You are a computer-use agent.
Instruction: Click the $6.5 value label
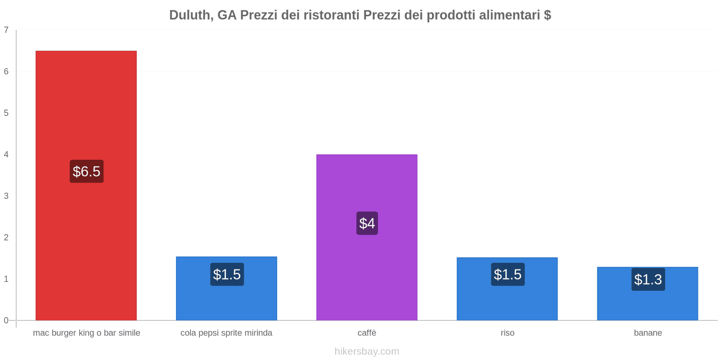tap(86, 171)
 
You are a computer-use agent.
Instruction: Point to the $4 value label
tap(367, 223)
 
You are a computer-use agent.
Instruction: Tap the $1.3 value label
tap(648, 279)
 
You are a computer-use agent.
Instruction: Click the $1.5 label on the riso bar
tap(508, 274)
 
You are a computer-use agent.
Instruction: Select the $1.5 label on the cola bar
tap(227, 274)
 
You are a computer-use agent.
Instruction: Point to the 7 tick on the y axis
tap(6, 30)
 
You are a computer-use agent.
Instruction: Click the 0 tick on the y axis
tap(6, 320)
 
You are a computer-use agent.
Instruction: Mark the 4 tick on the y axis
tap(6, 154)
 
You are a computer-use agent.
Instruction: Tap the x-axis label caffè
tap(367, 333)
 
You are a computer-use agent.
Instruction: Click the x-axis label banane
tap(648, 333)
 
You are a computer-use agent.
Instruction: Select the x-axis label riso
tap(507, 333)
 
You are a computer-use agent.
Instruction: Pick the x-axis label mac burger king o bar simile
tap(86, 333)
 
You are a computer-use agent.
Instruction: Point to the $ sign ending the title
tap(547, 15)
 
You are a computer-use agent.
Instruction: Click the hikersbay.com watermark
tap(367, 351)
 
